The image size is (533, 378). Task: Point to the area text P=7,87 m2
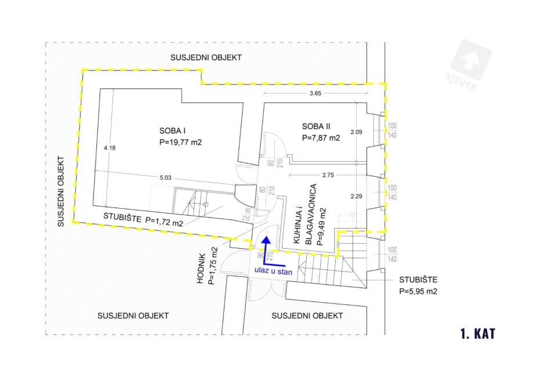coord(321,139)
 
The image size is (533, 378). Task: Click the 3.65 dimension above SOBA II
coord(316,94)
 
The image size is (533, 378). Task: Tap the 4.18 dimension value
coord(110,148)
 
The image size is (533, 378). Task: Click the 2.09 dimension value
coord(356,132)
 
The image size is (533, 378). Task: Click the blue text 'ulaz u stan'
coord(269,268)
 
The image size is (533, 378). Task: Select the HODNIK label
coord(201,270)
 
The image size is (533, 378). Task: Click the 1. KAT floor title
coord(478,334)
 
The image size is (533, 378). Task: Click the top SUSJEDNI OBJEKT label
coord(206,58)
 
